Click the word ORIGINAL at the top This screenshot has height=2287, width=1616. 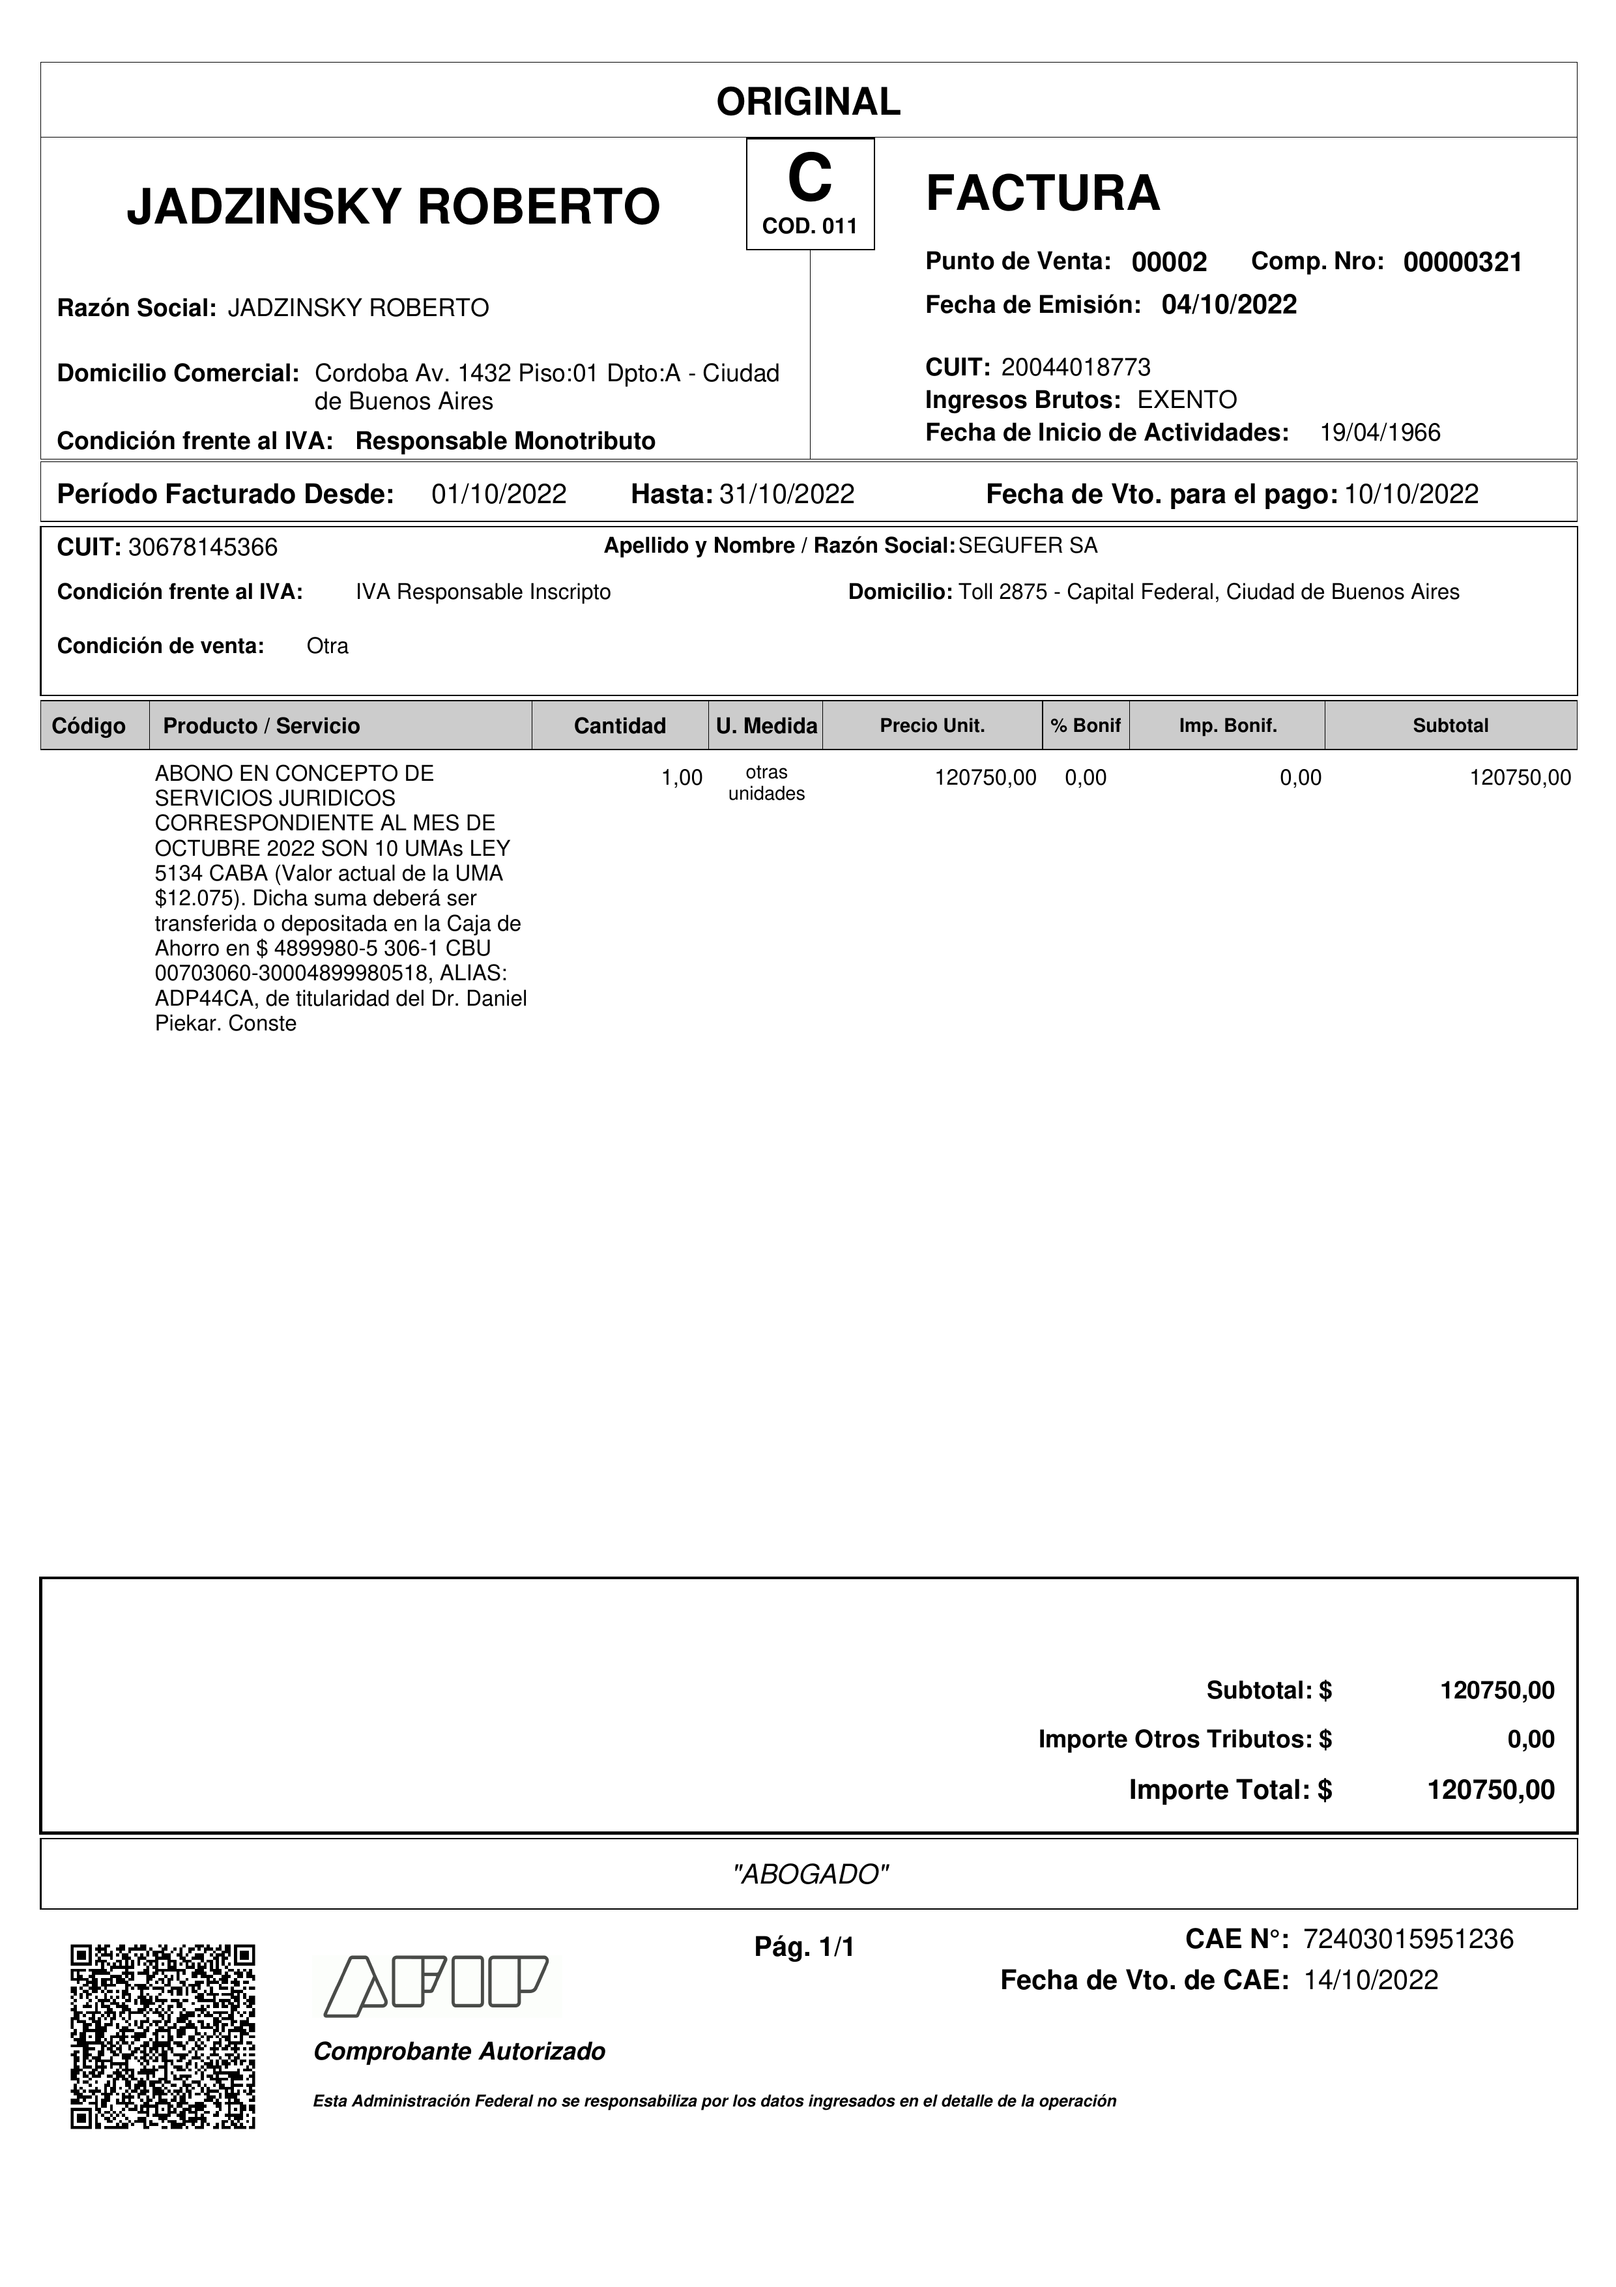click(x=807, y=102)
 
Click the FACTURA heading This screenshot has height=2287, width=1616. click(x=1043, y=193)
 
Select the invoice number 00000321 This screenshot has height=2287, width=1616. click(x=1462, y=263)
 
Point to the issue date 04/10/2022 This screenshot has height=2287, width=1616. click(x=1229, y=305)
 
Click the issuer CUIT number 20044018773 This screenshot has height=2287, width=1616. click(x=1075, y=368)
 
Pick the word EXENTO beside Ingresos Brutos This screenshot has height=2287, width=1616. click(x=1187, y=400)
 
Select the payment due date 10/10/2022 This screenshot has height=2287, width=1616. click(x=1411, y=494)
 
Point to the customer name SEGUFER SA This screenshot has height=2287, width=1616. click(x=1028, y=546)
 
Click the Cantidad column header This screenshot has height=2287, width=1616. click(x=619, y=726)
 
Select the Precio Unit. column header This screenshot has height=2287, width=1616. click(x=932, y=726)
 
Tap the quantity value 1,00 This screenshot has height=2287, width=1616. click(x=682, y=778)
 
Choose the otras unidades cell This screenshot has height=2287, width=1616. click(x=766, y=783)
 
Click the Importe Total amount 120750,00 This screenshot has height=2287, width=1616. click(x=1490, y=1790)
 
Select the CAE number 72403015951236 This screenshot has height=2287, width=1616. click(x=1408, y=1940)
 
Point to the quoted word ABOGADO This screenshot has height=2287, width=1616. click(x=809, y=1874)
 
